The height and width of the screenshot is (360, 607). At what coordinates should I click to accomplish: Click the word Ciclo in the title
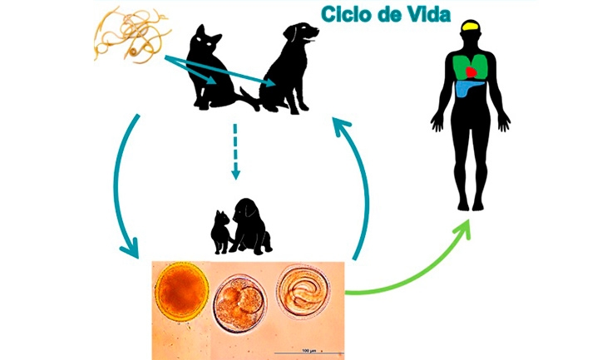(345, 14)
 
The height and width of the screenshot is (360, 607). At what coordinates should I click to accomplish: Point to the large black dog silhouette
(287, 67)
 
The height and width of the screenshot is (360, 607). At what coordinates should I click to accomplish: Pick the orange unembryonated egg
(180, 294)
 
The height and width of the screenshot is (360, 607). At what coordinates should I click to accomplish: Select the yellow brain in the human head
(471, 27)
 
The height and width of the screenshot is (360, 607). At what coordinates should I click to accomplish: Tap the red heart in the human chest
(473, 73)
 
